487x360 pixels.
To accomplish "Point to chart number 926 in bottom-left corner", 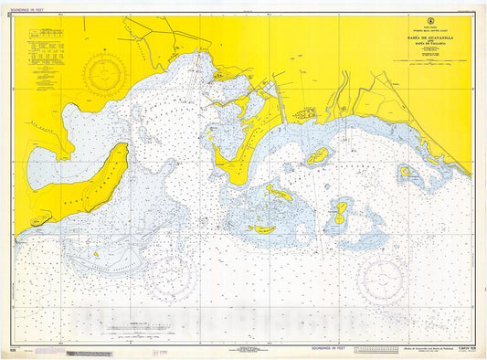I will (13, 349).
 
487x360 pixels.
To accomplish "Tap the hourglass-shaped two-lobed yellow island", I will (341, 213).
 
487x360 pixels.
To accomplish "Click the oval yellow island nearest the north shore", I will (318, 155).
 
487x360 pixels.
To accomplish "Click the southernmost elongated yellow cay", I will (262, 229).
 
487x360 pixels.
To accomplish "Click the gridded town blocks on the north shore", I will (306, 114).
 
